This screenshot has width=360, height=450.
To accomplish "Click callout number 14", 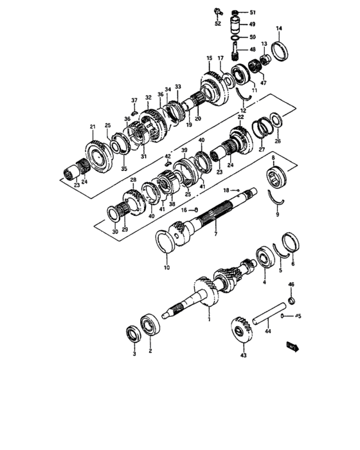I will (279, 28).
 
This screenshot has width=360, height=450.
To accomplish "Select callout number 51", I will (253, 12).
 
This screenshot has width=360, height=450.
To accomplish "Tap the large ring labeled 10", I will (168, 244).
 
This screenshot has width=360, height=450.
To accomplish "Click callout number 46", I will (291, 284).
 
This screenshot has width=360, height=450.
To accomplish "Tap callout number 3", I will (134, 354).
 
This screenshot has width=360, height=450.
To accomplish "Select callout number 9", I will (278, 215).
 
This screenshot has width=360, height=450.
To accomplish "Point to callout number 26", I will (278, 141).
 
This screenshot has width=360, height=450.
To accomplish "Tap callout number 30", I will (114, 231).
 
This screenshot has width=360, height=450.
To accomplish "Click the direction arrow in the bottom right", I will (294, 348).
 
